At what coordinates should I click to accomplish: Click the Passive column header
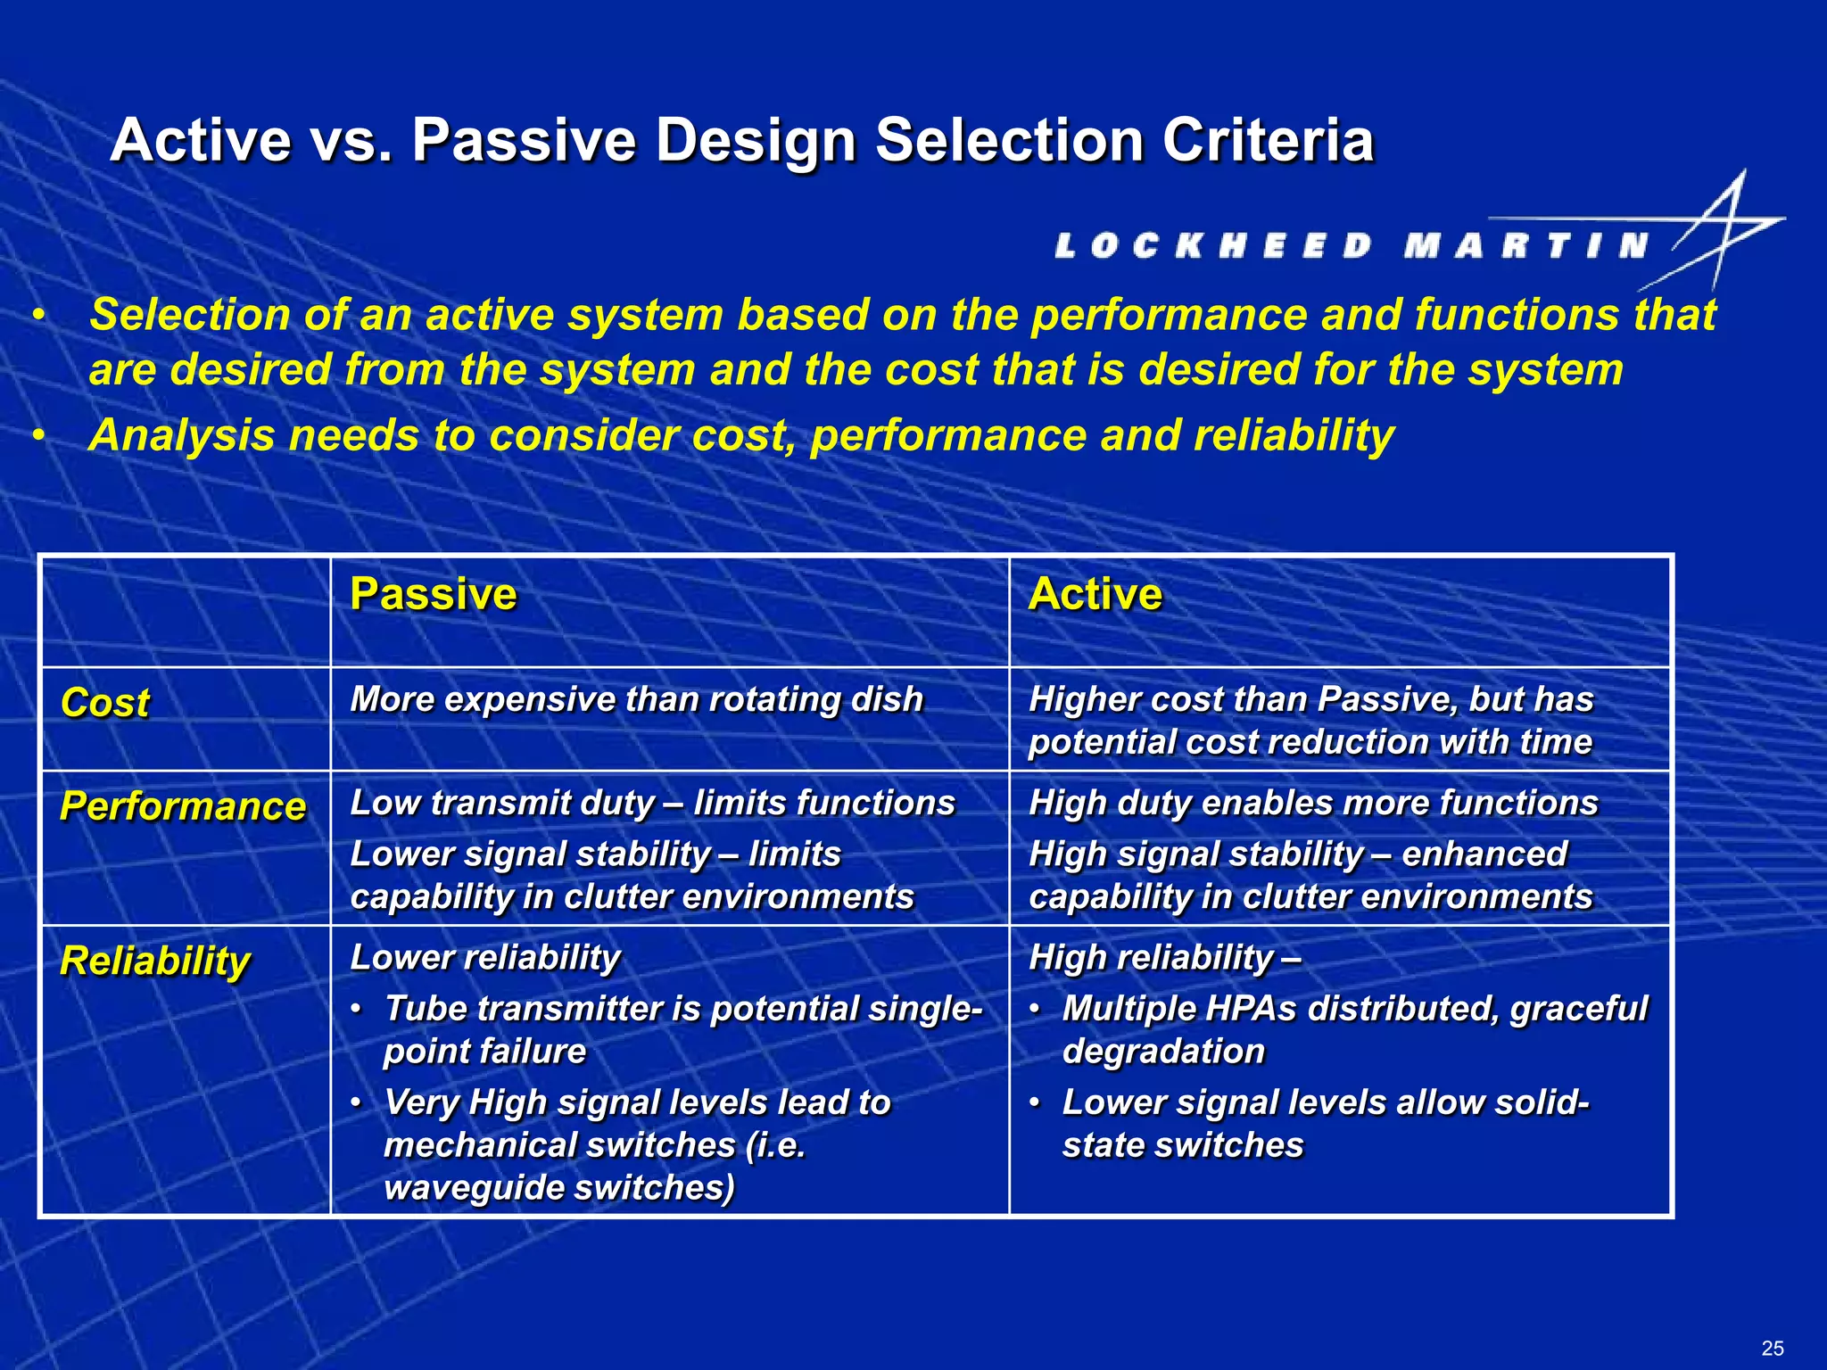click(433, 594)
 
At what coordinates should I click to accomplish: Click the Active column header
click(1095, 594)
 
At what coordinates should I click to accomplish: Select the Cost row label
click(105, 703)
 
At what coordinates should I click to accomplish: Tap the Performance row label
click(183, 806)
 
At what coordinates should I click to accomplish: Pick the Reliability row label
click(155, 961)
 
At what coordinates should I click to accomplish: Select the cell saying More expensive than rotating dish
click(636, 699)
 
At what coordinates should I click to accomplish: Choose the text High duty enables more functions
click(1312, 803)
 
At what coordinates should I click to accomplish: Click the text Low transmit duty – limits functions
click(652, 803)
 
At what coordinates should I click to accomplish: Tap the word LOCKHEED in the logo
click(1213, 246)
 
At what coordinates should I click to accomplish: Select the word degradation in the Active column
click(1163, 1052)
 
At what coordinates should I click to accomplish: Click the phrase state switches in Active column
click(1183, 1145)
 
